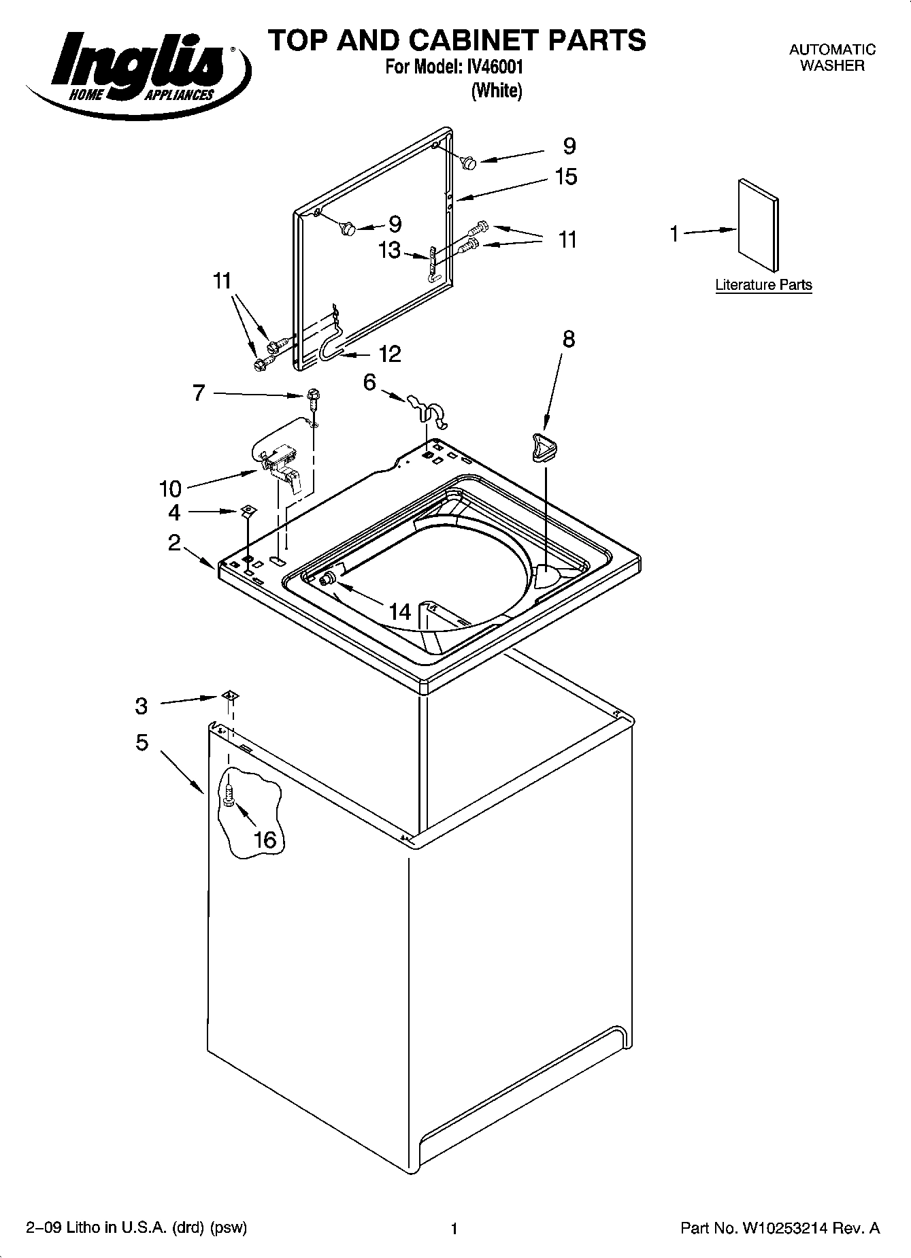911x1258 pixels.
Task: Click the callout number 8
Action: (568, 339)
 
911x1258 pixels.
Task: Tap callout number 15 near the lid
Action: (566, 177)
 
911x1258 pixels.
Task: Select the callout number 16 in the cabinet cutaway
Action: (265, 840)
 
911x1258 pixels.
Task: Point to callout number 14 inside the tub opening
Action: (400, 612)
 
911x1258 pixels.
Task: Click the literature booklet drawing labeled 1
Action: (758, 225)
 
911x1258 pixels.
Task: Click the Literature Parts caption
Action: (763, 285)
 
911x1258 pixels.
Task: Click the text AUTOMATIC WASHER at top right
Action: (831, 58)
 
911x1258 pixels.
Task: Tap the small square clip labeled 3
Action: (229, 695)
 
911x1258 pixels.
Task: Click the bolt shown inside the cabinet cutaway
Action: (229, 795)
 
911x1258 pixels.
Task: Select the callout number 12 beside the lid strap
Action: (390, 354)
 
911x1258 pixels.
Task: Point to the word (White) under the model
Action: (496, 90)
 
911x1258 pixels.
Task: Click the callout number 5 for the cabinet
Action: (142, 742)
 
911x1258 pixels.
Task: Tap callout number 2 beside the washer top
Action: (174, 542)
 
